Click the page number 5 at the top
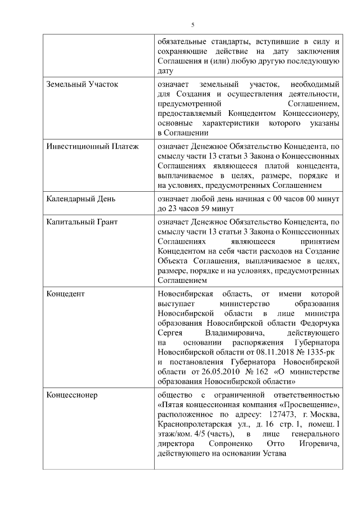[x=192, y=25]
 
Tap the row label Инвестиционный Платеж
[x=92, y=147]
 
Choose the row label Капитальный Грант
[x=82, y=222]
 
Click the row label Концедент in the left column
[x=65, y=294]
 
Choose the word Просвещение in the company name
[x=308, y=406]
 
